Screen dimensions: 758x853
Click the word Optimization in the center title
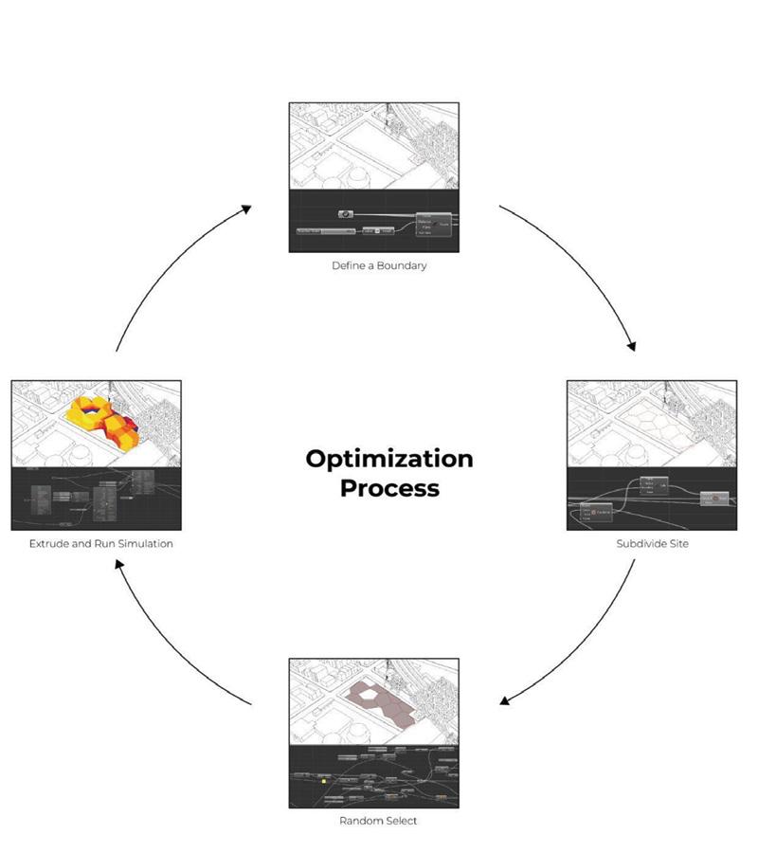[x=388, y=460]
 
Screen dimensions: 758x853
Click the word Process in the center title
[x=389, y=489]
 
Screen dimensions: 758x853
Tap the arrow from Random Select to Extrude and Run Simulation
[x=171, y=644]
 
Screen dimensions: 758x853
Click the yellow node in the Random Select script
[x=324, y=781]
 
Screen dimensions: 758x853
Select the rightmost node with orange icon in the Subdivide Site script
[x=715, y=498]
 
